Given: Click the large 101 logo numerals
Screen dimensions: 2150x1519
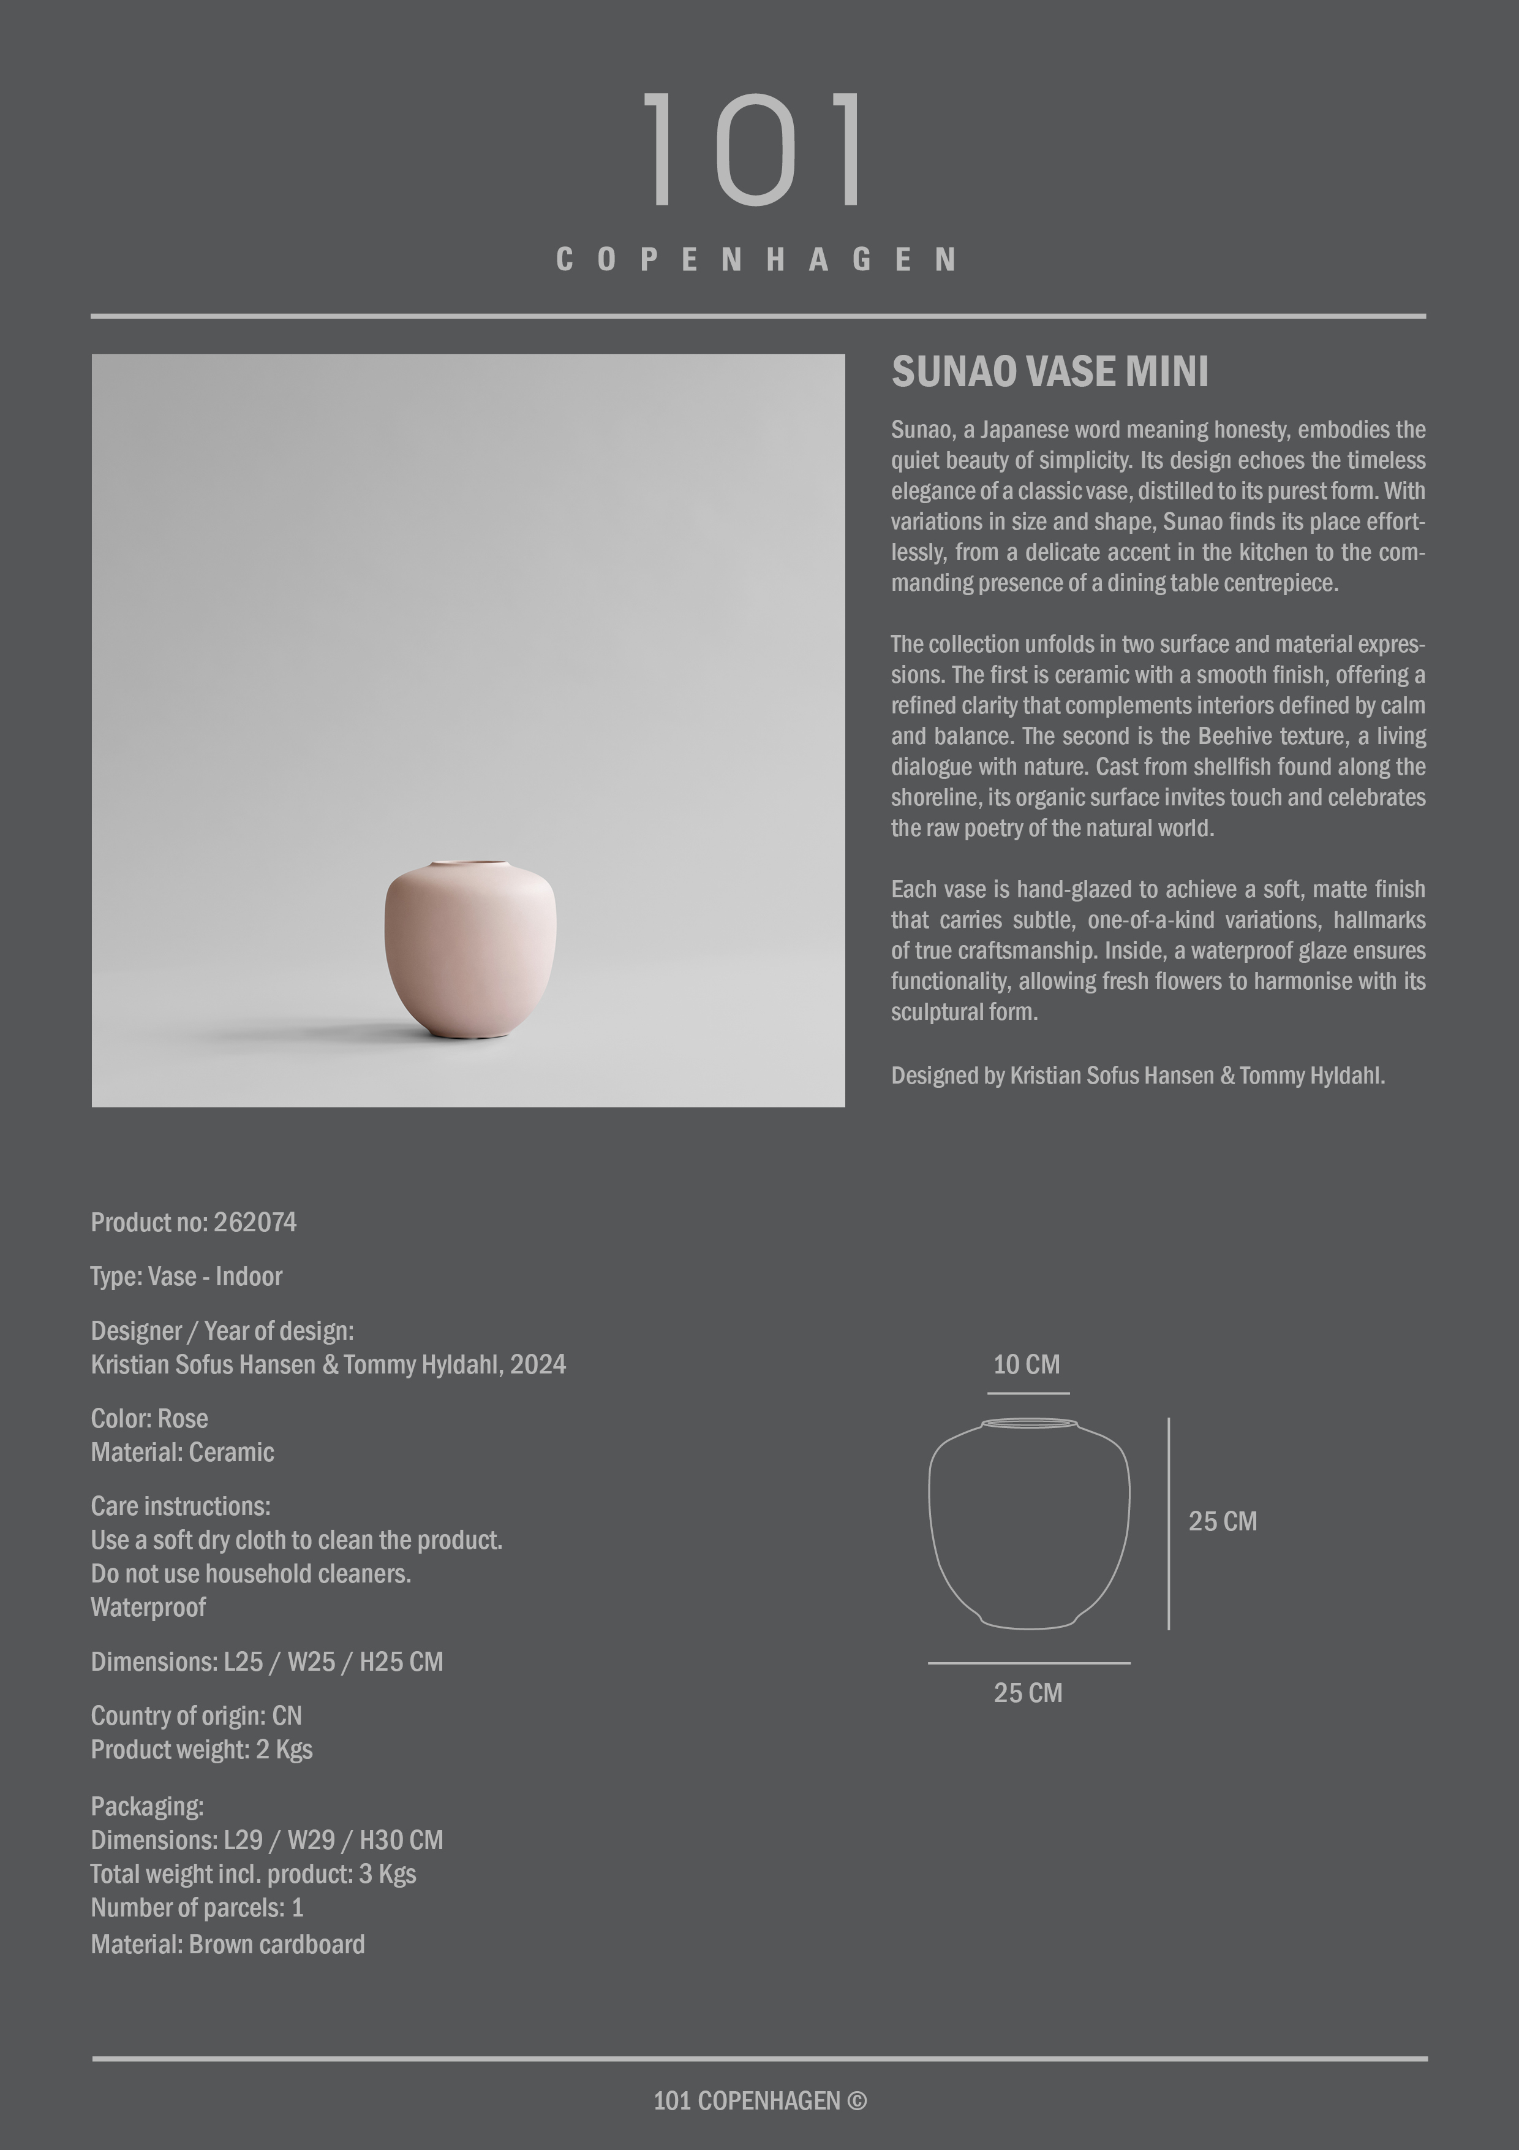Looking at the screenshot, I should [x=755, y=149].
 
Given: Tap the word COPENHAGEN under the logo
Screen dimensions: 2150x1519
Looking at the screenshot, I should [x=756, y=259].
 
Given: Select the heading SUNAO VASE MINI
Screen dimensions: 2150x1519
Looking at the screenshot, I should [x=1049, y=372].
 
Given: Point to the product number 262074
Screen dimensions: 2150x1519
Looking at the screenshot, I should [x=255, y=1222].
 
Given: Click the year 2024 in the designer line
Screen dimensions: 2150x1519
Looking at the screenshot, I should [x=537, y=1364].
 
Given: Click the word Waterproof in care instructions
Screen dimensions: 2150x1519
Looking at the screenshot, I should [x=148, y=1607].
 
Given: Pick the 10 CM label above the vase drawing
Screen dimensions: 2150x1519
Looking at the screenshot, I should [x=1027, y=1364].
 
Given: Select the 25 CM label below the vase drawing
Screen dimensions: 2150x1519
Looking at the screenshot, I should [x=1028, y=1692].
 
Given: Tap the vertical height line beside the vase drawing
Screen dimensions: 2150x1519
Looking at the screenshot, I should [x=1168, y=1524].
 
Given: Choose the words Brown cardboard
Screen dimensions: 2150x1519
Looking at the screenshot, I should [x=276, y=1944].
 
